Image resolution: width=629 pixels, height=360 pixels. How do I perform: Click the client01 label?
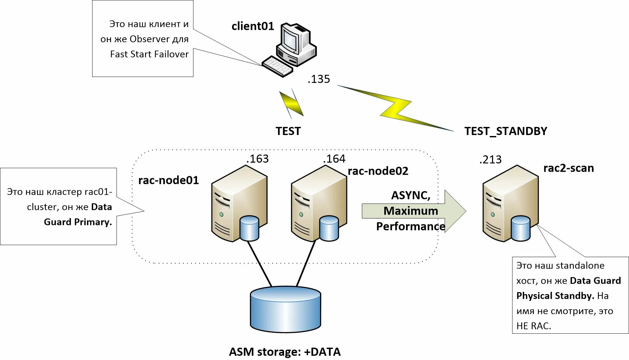click(253, 26)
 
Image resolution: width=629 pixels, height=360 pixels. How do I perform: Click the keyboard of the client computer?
click(277, 67)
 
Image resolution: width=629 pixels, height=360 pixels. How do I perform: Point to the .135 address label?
click(319, 79)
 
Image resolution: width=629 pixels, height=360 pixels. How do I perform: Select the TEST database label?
click(288, 131)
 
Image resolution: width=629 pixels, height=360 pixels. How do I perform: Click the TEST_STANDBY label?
click(505, 131)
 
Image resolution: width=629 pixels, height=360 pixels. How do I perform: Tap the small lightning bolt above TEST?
click(291, 104)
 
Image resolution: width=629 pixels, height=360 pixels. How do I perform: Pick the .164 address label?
click(334, 159)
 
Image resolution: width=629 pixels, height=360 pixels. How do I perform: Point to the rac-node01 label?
click(168, 180)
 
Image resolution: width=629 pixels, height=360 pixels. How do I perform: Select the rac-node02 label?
click(378, 171)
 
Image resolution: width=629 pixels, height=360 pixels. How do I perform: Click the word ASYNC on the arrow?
click(411, 195)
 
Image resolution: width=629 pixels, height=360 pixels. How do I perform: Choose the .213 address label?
click(490, 160)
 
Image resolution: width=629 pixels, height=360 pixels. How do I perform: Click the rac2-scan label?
click(568, 168)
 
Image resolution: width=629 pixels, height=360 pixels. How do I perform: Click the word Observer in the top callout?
click(149, 39)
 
